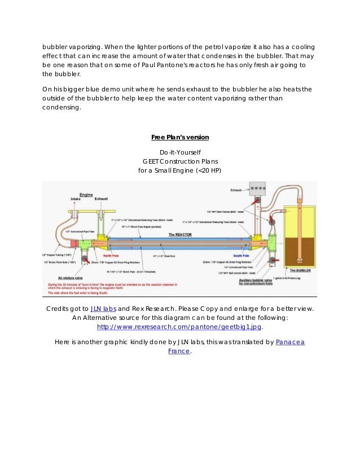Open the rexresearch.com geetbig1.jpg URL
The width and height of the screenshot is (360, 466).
point(180,326)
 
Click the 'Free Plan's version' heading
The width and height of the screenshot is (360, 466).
point(180,137)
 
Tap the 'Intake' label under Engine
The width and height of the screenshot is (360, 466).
point(76,199)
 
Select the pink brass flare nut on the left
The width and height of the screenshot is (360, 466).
point(74,244)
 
